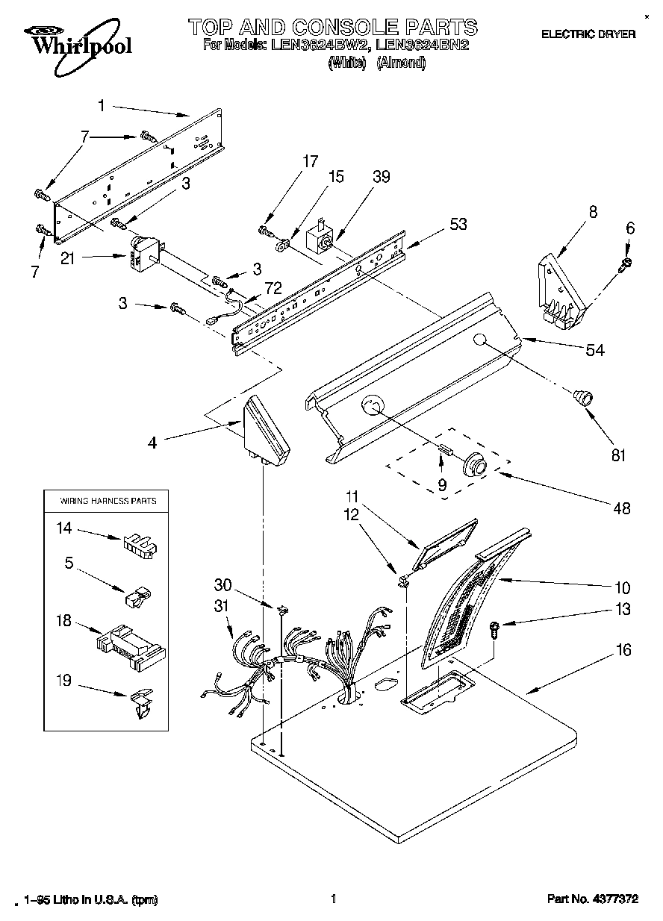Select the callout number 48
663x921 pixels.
(621, 508)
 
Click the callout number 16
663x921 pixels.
(623, 650)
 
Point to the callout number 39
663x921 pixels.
(382, 177)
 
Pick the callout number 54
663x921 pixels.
(595, 350)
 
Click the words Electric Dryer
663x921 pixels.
(588, 34)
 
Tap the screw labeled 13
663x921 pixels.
(494, 629)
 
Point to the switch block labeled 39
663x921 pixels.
(321, 238)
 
